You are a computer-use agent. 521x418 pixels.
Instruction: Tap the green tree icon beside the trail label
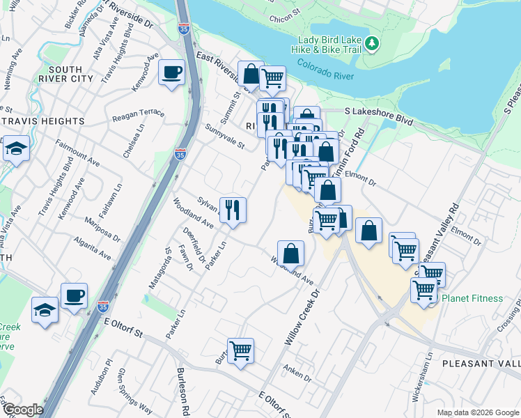pyautogui.click(x=373, y=43)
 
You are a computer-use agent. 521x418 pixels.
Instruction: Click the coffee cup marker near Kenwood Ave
pyautogui.click(x=171, y=72)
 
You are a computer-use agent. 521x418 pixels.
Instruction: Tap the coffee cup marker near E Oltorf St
pyautogui.click(x=74, y=295)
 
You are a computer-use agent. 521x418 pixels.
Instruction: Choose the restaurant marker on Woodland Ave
pyautogui.click(x=233, y=209)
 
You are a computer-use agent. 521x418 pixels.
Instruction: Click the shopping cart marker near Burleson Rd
pyautogui.click(x=240, y=350)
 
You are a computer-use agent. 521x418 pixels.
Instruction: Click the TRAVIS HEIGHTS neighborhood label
pyautogui.click(x=42, y=121)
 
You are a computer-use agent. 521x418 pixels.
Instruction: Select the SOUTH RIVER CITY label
pyautogui.click(x=66, y=74)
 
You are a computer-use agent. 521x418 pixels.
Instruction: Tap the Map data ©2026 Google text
pyautogui.click(x=477, y=412)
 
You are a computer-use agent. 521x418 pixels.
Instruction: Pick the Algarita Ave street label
pyautogui.click(x=94, y=249)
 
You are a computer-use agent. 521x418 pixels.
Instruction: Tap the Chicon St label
pyautogui.click(x=283, y=13)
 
